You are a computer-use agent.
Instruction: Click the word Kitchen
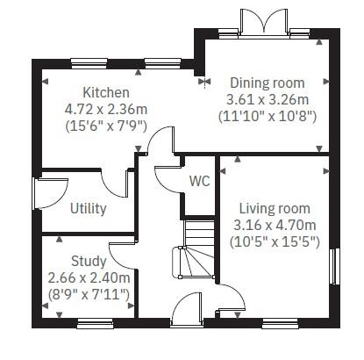point(105,92)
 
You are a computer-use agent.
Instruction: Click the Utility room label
point(88,208)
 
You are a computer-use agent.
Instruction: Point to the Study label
point(89,261)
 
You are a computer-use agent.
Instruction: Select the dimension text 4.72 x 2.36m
point(105,110)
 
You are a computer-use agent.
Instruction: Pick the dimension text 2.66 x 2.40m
point(89,277)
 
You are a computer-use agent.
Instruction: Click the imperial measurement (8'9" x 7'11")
point(89,292)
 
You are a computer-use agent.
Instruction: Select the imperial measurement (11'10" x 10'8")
point(267,115)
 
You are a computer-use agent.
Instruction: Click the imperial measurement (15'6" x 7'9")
point(105,126)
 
